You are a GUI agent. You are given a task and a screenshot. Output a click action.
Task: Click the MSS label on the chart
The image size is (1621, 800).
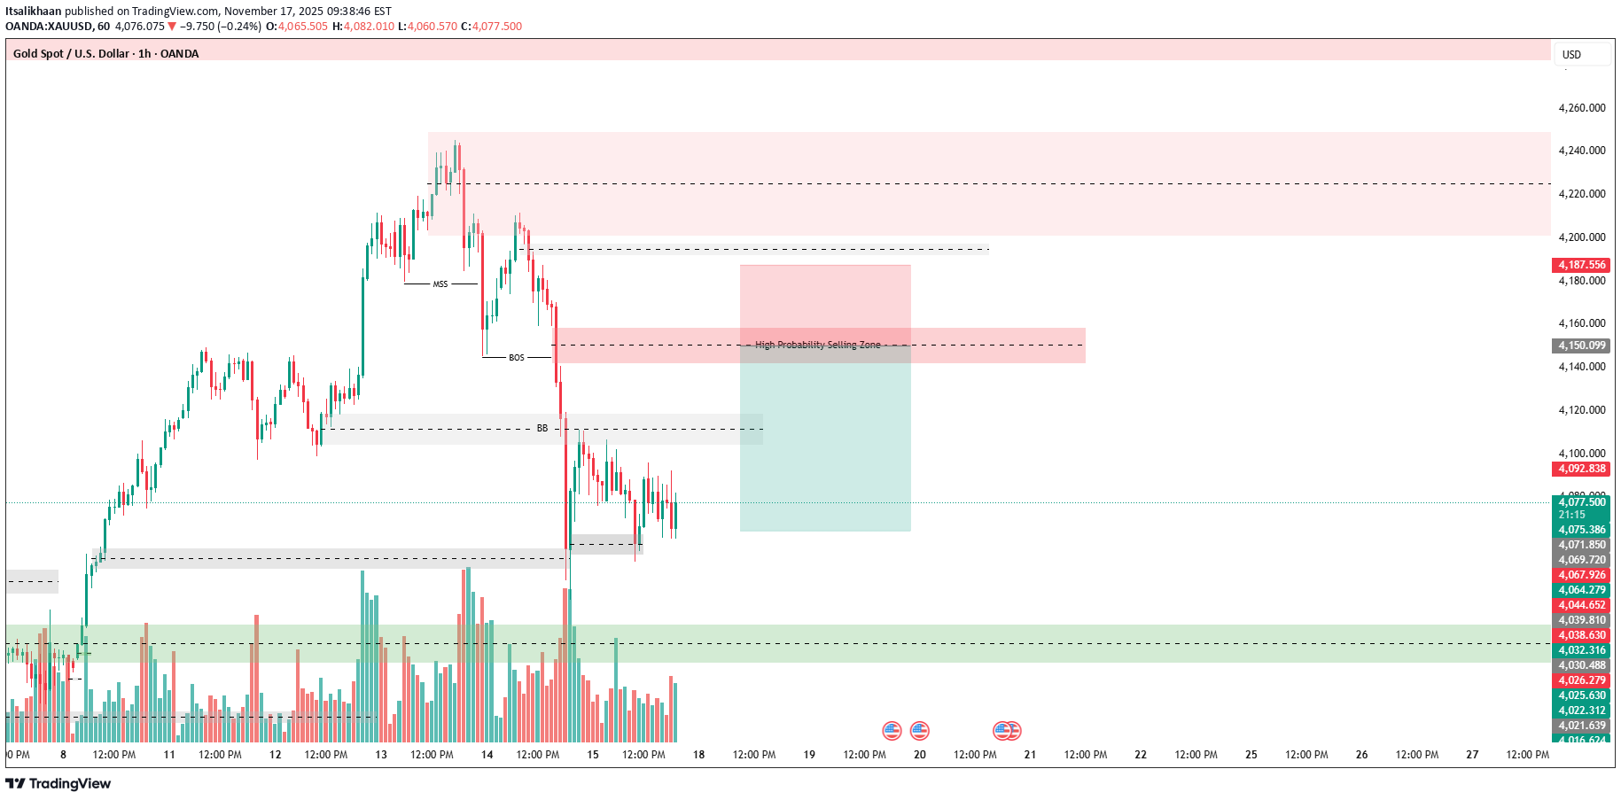tap(440, 284)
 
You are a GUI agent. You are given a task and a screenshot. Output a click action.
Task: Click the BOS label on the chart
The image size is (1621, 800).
tap(517, 358)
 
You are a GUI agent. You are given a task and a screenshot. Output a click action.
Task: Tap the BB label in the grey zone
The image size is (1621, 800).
tap(542, 429)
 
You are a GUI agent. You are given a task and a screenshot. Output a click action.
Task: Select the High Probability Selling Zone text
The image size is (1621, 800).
tap(817, 346)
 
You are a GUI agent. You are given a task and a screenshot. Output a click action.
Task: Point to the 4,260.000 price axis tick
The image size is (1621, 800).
tap(1581, 108)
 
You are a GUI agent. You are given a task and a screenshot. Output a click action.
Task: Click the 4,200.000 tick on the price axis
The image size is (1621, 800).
tap(1581, 237)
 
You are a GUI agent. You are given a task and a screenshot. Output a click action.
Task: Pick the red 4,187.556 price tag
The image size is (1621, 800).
tap(1581, 265)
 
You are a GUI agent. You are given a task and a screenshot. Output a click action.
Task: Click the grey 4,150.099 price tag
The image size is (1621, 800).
tap(1581, 346)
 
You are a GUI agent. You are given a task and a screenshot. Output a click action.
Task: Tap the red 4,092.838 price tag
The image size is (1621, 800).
tap(1581, 469)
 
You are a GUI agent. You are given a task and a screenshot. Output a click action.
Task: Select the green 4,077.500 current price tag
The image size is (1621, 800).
tap(1581, 502)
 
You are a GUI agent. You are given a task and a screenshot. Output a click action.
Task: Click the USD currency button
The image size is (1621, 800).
tap(1571, 55)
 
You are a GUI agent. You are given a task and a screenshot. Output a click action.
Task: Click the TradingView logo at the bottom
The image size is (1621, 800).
tap(58, 784)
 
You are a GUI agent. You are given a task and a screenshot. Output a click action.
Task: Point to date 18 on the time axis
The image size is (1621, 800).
tap(698, 755)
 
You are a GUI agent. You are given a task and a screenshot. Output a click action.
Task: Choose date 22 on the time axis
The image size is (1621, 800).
tap(1141, 755)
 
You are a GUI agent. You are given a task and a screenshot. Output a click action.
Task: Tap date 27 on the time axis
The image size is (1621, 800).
tap(1472, 755)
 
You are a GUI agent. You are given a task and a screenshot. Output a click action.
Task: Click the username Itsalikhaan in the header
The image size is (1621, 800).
tap(33, 12)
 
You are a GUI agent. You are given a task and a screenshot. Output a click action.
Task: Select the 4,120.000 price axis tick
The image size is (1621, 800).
tap(1581, 410)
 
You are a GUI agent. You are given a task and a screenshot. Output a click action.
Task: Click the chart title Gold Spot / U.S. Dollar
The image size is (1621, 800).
tap(71, 54)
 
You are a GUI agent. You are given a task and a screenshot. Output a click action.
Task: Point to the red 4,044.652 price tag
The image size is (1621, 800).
tap(1581, 605)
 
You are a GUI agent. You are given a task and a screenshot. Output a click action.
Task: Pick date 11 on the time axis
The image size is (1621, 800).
tap(169, 755)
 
